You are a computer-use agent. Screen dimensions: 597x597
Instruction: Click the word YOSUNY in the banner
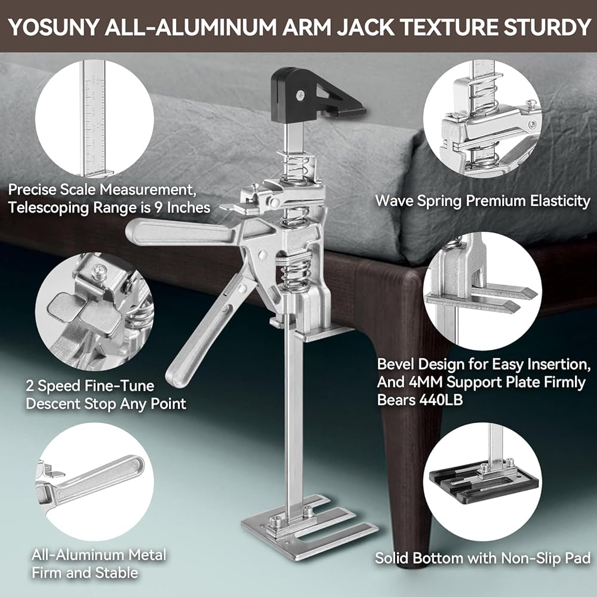point(53,27)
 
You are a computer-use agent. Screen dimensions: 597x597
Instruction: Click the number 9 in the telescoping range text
point(159,208)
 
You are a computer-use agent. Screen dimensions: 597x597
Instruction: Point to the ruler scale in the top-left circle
point(94,122)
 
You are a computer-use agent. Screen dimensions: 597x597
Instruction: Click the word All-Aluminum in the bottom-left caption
point(78,555)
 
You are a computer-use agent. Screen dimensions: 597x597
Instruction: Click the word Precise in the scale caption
point(33,190)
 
